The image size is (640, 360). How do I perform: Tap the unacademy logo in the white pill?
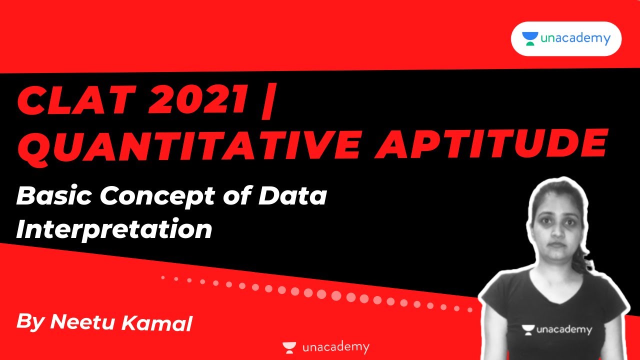tap(566, 38)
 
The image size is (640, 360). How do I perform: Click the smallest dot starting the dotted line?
tap(163, 276)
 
